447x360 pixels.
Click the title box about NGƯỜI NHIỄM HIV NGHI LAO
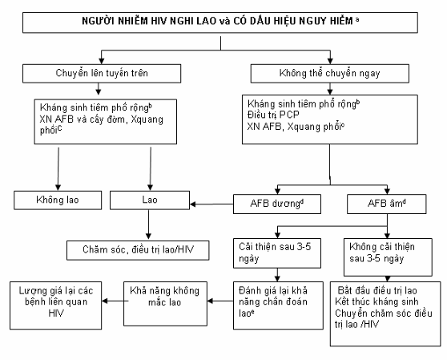(x=220, y=22)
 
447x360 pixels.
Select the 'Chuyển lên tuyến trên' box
(x=102, y=73)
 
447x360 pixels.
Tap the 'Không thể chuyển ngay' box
(x=330, y=73)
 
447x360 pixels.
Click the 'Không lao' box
(x=58, y=200)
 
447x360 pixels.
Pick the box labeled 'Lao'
(x=150, y=200)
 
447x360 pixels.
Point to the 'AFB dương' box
(x=277, y=204)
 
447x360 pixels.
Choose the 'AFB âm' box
(x=387, y=204)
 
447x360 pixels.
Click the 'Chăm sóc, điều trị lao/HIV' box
(x=138, y=250)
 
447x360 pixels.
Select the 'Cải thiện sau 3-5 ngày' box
(x=277, y=253)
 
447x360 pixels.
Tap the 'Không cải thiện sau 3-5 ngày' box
(x=388, y=257)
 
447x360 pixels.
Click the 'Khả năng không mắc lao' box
(x=165, y=304)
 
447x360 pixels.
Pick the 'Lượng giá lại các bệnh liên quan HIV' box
(x=56, y=305)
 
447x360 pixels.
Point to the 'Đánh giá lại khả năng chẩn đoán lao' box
(x=278, y=305)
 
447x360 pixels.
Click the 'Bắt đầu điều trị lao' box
(x=385, y=313)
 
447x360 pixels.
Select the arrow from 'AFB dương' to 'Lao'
(x=211, y=204)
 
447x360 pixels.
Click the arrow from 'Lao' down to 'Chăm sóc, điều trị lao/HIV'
(x=148, y=224)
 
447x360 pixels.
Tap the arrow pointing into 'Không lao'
(x=58, y=168)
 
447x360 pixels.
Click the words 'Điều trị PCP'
(x=273, y=115)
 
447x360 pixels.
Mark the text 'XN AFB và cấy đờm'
(x=83, y=119)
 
